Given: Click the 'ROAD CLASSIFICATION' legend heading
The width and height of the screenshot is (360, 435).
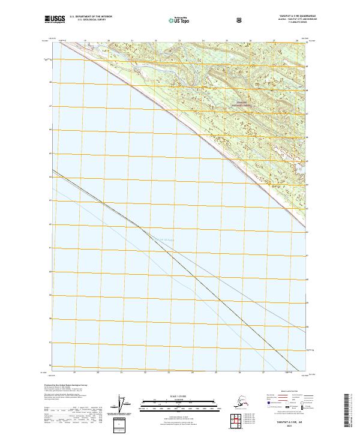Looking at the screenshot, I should tap(291, 389).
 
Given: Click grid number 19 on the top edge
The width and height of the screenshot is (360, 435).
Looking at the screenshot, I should tap(85, 41).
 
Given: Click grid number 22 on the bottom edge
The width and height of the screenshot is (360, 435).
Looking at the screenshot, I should tap(145, 371).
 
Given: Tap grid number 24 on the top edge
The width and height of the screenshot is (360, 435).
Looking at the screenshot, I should tap(203, 41).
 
